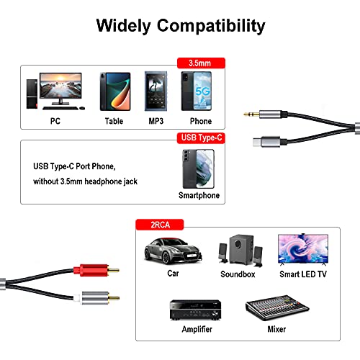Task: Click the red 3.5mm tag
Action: (x=201, y=63)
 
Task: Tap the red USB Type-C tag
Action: (x=201, y=137)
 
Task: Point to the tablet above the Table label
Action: (x=114, y=90)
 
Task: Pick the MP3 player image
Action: (x=156, y=90)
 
